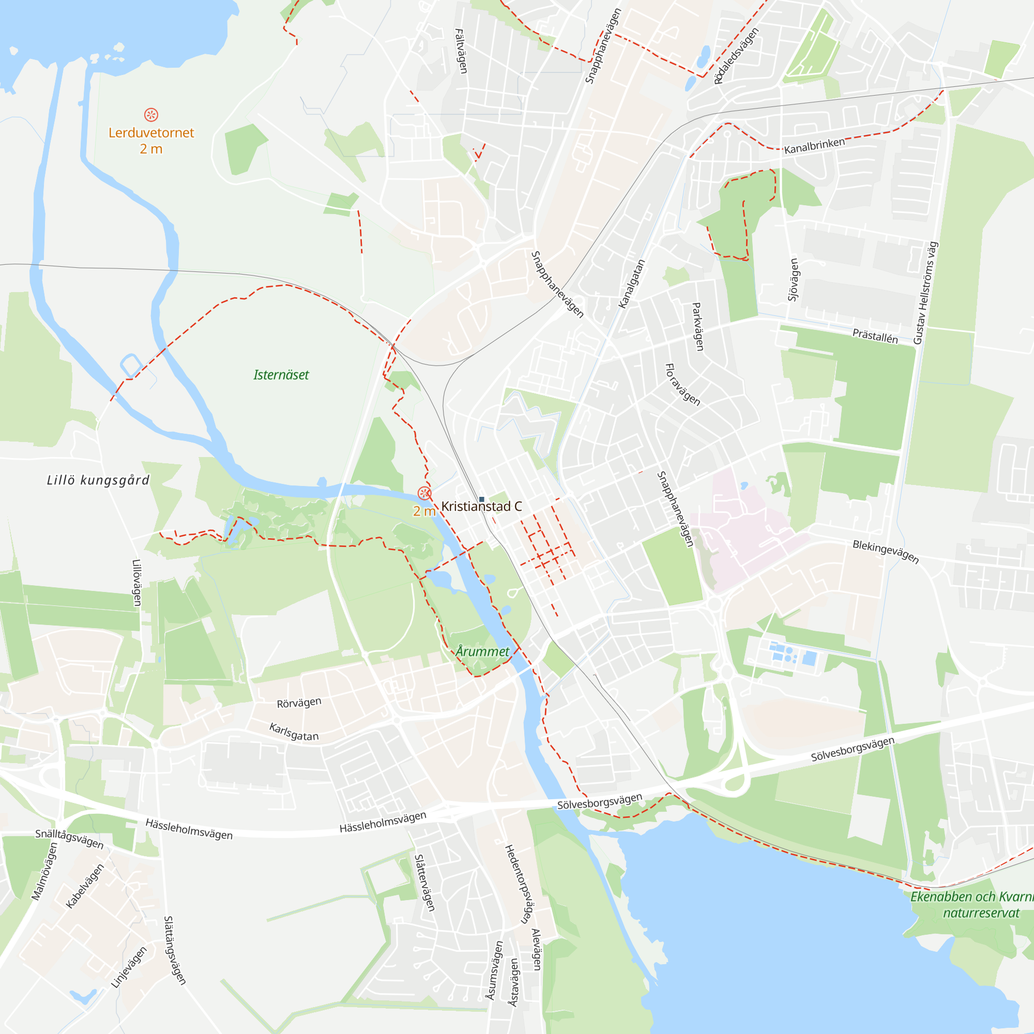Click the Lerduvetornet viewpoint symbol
151,115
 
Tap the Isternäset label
281,375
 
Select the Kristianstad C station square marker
482,499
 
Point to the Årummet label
482,651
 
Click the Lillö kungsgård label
98,480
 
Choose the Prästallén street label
875,336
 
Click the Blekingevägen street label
886,552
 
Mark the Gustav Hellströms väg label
925,293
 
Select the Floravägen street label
682,384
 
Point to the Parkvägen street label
698,326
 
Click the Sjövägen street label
794,279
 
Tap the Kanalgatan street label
632,284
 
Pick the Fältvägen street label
461,51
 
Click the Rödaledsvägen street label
736,56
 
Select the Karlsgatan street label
294,732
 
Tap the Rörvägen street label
299,703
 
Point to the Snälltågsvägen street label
70,839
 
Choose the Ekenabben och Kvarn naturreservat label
972,904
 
